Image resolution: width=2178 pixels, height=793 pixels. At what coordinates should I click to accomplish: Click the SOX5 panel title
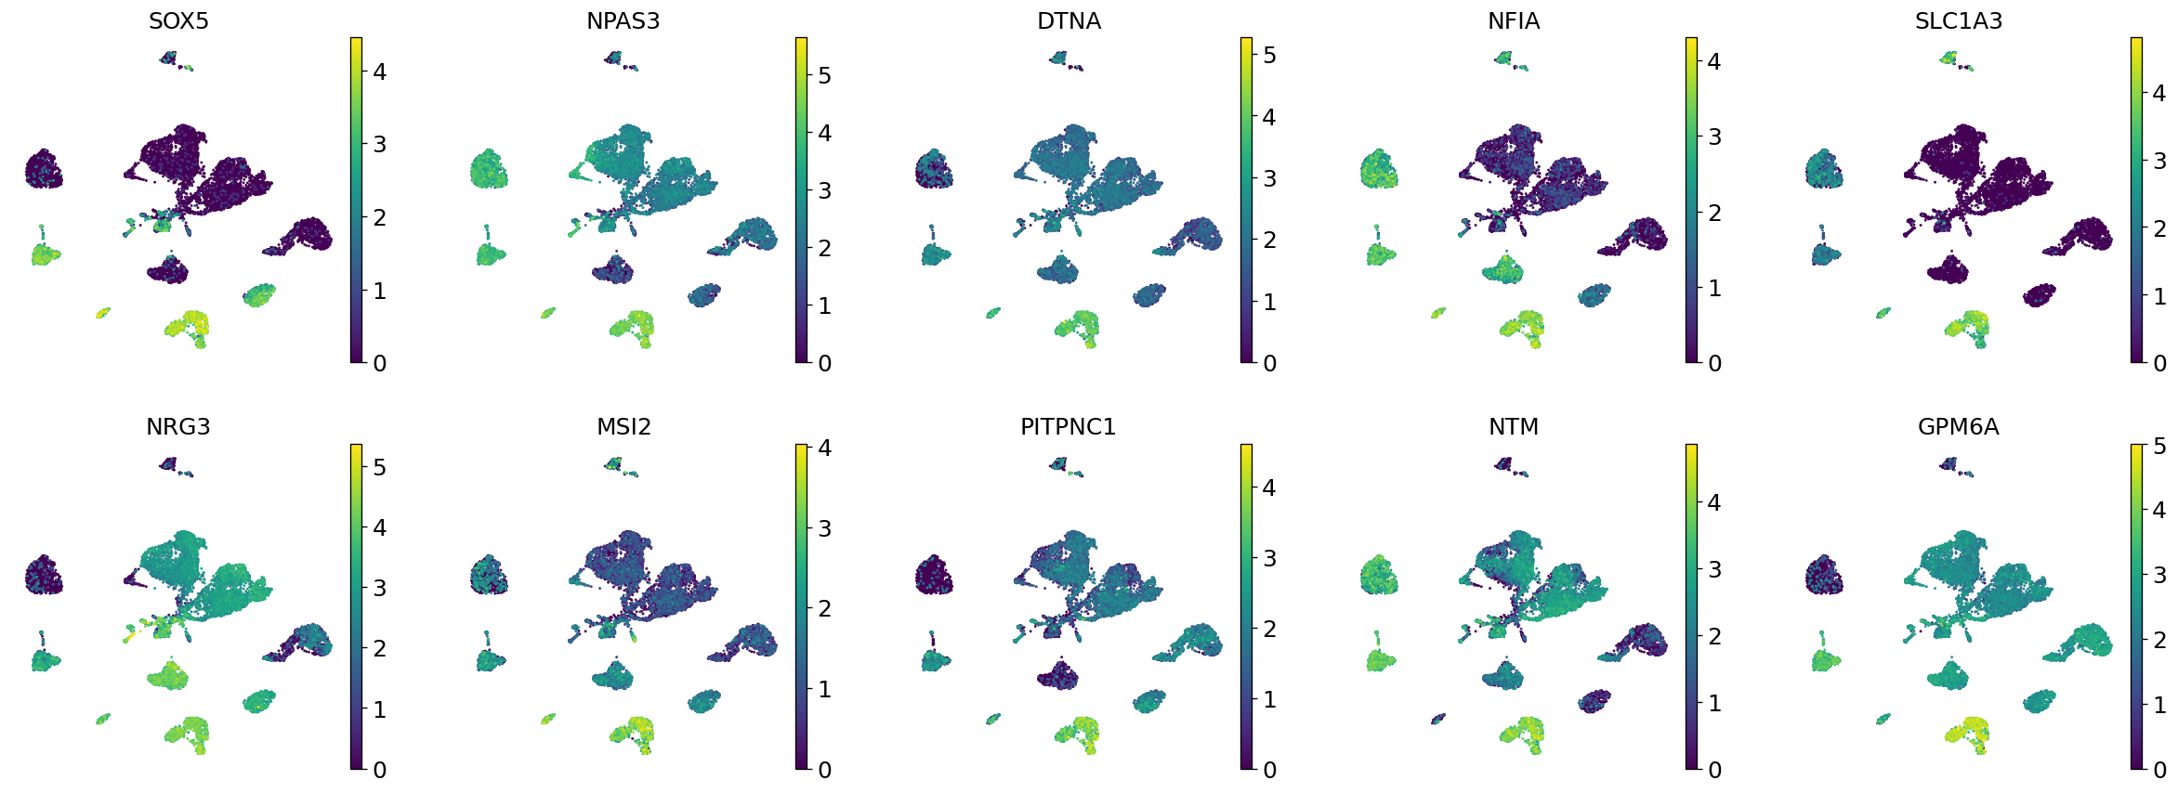coord(178,20)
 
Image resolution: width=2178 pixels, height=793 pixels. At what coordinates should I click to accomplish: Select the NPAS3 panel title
coord(623,20)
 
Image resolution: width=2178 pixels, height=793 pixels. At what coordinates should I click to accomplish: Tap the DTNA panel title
coord(1069,20)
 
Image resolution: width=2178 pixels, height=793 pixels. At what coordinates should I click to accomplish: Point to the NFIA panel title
coord(1514,20)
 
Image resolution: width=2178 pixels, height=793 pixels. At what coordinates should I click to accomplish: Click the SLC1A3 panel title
coord(1958,20)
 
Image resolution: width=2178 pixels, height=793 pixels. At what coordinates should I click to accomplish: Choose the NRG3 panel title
coord(178,426)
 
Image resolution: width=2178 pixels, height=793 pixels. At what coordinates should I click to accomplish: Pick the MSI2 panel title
coord(623,426)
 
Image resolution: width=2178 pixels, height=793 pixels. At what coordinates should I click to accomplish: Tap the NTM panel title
coord(1514,426)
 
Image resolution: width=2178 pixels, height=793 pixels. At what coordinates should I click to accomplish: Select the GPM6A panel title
coord(1958,426)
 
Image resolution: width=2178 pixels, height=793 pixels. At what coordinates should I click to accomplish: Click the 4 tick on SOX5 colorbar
coord(379,71)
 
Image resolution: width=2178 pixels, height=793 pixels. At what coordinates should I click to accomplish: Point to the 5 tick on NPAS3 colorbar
coord(824,75)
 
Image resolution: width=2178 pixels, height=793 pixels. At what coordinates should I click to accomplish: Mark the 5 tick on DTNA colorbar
coord(1269,56)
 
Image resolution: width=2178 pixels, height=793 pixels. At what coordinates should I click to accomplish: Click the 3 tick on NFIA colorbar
coord(1714,137)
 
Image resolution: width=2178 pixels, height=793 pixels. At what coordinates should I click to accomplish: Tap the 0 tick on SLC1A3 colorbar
coord(2159,363)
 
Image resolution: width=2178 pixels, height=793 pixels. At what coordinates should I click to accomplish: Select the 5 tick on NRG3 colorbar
coord(379,467)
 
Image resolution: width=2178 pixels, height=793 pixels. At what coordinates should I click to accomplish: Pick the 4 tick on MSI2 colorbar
coord(824,448)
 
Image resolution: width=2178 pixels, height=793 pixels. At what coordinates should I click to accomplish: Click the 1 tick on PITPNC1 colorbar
coord(1269,699)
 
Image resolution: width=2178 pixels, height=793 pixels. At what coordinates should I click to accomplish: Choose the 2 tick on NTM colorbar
coord(1714,636)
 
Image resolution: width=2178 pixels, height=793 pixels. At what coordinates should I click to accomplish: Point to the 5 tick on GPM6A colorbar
coord(2159,447)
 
